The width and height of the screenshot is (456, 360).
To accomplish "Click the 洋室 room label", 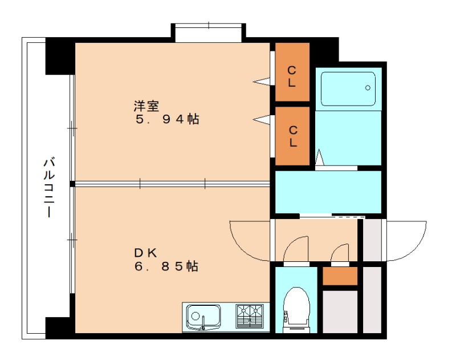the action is (x=146, y=106).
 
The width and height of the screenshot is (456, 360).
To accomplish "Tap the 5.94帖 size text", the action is (x=167, y=119).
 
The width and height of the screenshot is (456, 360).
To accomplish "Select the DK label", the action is (x=145, y=253).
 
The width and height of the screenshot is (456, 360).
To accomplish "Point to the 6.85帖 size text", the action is (x=166, y=266).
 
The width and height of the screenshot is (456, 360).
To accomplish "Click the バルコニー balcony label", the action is (x=50, y=188).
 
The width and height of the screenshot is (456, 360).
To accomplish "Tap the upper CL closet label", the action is (x=292, y=76).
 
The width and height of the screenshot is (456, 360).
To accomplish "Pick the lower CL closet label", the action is (x=293, y=136).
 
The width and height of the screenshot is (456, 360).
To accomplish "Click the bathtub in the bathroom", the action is (x=348, y=89).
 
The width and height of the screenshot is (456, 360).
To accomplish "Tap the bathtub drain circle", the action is (x=368, y=88).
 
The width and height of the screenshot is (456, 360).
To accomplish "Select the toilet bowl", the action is (x=296, y=307).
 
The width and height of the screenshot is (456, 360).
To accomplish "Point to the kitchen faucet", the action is (x=203, y=323).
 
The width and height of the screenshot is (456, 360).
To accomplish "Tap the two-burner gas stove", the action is (x=250, y=316).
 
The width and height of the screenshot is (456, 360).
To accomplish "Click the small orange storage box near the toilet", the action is (x=340, y=276).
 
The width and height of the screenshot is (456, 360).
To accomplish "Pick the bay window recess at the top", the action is (x=209, y=33).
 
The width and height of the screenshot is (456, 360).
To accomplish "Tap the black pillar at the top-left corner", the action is (x=60, y=56).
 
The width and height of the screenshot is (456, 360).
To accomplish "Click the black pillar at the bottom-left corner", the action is (x=60, y=327).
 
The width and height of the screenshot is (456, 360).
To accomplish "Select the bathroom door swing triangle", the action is (x=319, y=157).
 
